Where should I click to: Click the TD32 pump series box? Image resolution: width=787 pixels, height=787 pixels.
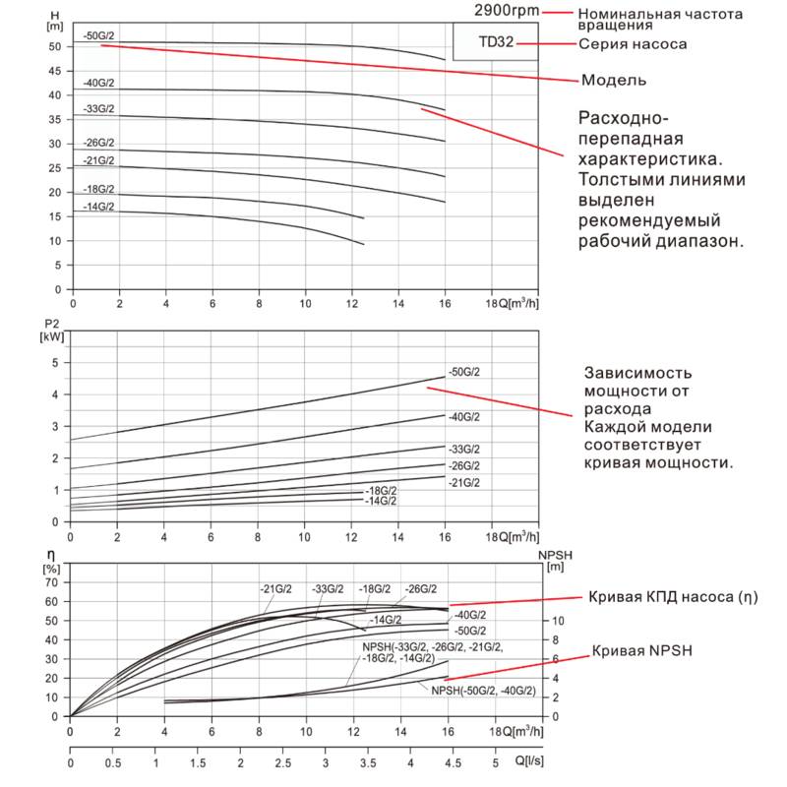tap(495, 43)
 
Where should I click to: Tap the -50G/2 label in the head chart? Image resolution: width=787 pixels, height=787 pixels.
tap(99, 35)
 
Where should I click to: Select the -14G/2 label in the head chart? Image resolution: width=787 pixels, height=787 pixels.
tap(99, 206)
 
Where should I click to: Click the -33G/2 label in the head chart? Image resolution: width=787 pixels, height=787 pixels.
tap(99, 108)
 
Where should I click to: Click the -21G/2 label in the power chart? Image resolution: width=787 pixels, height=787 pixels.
tap(464, 483)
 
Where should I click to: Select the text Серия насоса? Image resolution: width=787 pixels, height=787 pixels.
tap(633, 44)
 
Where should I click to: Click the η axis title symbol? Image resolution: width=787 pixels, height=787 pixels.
tap(50, 556)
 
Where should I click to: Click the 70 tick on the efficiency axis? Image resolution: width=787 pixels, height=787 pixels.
tap(53, 581)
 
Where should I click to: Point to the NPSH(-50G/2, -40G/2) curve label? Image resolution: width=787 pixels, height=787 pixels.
tap(483, 692)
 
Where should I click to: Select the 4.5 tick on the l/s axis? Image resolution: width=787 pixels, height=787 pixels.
tap(453, 763)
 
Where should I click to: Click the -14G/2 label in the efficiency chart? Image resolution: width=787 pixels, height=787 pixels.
tap(387, 620)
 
